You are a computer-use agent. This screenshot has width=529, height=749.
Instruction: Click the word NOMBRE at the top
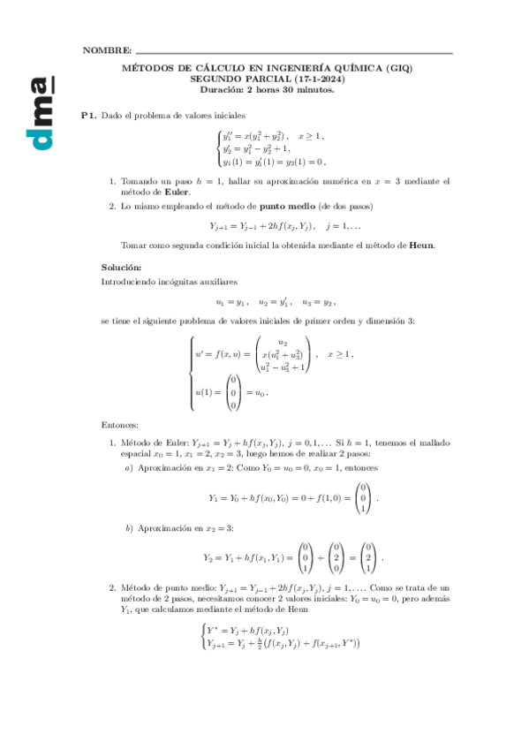click(x=106, y=51)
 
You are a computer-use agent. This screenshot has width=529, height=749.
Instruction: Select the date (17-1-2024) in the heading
click(x=315, y=79)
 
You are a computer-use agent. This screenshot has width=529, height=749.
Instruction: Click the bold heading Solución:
click(x=122, y=267)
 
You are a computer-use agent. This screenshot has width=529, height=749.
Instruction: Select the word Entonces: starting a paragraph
click(x=120, y=423)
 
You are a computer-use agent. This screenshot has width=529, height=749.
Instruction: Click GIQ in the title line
click(x=394, y=68)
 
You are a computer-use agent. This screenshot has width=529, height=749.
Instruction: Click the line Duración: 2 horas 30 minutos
click(x=266, y=89)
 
